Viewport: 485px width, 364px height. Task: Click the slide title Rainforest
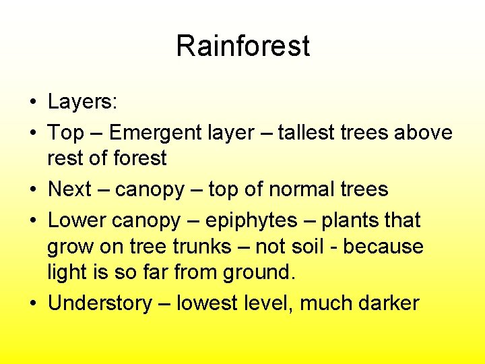[x=243, y=47]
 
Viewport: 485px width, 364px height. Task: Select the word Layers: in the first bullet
[x=82, y=102]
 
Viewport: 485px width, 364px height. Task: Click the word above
[x=423, y=133]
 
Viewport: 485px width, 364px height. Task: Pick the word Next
[x=69, y=189]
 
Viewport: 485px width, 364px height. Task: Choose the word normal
[x=296, y=189]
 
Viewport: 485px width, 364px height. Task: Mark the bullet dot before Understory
[x=32, y=304]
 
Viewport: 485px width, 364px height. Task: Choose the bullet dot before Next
[x=32, y=190]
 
